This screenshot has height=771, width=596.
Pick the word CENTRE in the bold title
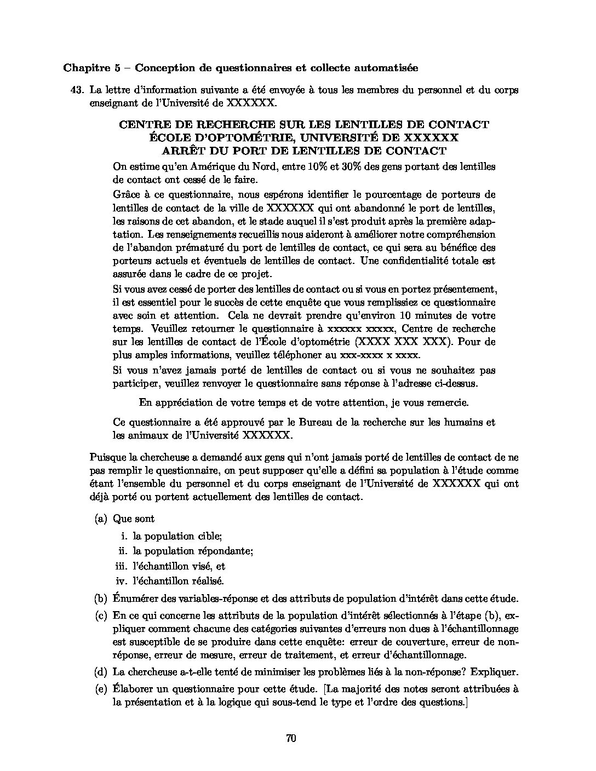coord(142,124)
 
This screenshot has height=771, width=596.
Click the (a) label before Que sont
coord(100,519)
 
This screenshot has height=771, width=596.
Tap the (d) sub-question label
coord(100,672)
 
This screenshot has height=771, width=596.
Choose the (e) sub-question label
coord(100,689)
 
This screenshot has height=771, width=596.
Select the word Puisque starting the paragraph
coord(105,457)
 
